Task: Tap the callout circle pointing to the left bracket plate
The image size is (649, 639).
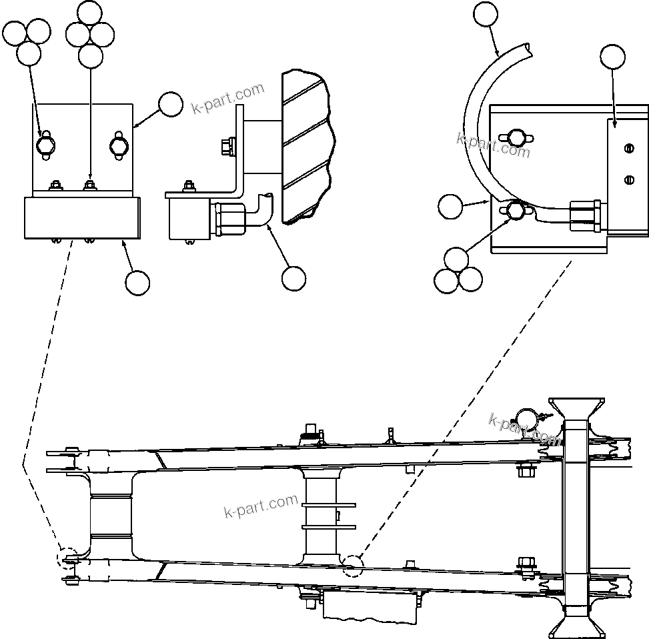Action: coord(171,105)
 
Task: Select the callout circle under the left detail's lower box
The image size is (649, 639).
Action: coord(137,283)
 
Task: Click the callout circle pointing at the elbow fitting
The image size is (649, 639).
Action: coord(293,279)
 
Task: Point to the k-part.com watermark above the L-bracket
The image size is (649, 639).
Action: coord(228,98)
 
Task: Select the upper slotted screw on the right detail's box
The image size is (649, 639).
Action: coord(628,149)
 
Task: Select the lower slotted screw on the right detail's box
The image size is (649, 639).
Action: coord(628,179)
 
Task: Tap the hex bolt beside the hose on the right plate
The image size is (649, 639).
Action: coord(515,211)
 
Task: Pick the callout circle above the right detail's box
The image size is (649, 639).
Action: coord(613,57)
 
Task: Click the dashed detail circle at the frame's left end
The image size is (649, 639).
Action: coord(68,559)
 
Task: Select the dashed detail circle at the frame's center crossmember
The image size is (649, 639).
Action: coord(353,566)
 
